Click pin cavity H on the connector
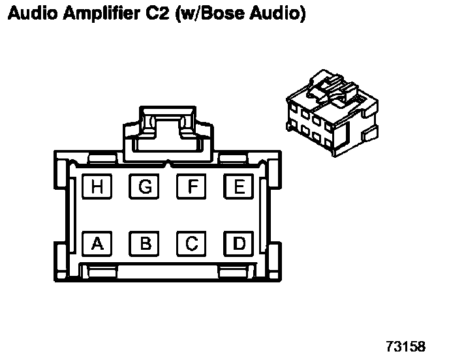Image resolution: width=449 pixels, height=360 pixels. tap(97, 188)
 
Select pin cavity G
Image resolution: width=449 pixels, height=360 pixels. tap(145, 188)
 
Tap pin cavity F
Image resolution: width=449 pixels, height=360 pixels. tap(193, 188)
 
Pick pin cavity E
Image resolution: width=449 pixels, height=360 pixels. tap(240, 188)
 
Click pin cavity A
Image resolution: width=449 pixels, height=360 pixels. tap(97, 244)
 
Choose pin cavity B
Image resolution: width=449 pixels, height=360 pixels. tap(145, 244)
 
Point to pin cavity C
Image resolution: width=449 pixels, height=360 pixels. tap(193, 244)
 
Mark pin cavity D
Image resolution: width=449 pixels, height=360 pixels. tap(240, 244)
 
